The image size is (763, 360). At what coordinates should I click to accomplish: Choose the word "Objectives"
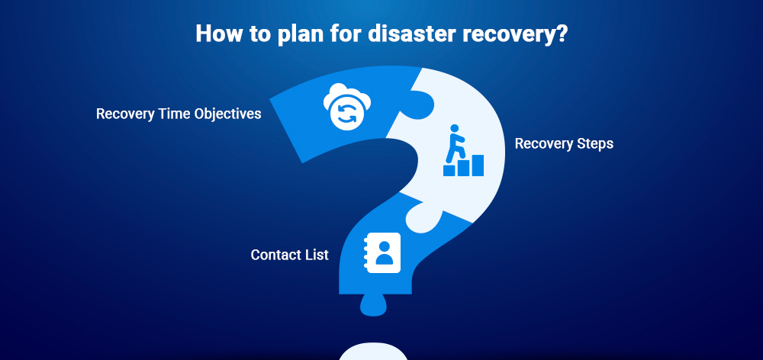tap(227, 114)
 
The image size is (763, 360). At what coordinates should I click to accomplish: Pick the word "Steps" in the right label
tap(595, 143)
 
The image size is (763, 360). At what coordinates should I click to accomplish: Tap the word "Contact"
tap(275, 255)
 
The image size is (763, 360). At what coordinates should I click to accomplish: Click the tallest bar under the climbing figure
tap(478, 166)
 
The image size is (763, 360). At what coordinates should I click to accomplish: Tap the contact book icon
tap(382, 253)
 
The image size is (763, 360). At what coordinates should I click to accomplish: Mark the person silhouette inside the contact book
tap(385, 252)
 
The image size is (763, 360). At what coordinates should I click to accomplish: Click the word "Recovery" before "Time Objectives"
tap(126, 114)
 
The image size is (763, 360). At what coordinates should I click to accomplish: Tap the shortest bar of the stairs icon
tap(449, 170)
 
